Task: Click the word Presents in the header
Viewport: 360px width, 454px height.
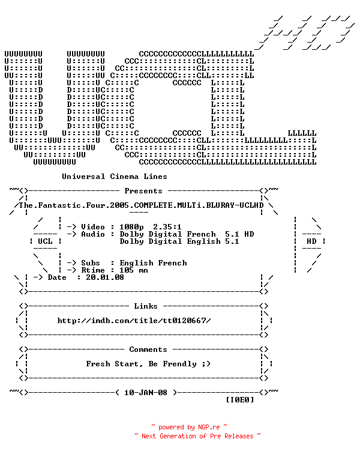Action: tap(143, 191)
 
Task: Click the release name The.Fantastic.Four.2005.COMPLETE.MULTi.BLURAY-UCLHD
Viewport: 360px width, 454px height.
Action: tap(141, 205)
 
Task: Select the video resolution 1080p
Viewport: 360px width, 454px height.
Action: tap(131, 227)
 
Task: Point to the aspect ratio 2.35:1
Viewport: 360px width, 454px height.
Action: tap(167, 227)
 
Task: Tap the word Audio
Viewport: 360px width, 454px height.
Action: tap(93, 234)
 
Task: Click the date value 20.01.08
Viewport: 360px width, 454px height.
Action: tap(105, 277)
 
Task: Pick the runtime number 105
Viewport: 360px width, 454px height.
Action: tap(127, 270)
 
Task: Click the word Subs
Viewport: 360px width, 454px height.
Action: tap(91, 263)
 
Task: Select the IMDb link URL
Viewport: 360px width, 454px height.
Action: tap(134, 321)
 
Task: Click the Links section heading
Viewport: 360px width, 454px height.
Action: tap(146, 306)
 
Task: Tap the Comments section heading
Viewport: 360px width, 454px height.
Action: tap(148, 350)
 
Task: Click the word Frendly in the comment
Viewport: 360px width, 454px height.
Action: tap(180, 364)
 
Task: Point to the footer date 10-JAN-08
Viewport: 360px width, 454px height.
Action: tap(146, 393)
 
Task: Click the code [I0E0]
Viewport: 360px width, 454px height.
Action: tap(240, 400)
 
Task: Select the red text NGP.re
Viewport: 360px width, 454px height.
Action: tap(209, 427)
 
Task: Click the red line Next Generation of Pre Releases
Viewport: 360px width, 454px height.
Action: tap(197, 436)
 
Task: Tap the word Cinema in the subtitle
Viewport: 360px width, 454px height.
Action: tap(124, 177)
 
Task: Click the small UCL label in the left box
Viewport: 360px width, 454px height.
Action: tap(45, 241)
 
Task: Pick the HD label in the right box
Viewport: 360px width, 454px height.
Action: tap(311, 241)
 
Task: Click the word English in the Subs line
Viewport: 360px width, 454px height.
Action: tap(136, 263)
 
